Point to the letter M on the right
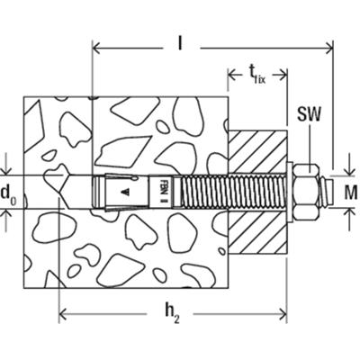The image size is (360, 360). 351,192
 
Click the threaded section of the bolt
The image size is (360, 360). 229,192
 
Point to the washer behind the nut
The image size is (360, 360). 292,192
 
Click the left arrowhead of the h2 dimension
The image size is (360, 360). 63,315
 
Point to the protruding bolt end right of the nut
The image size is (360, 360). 327,192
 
